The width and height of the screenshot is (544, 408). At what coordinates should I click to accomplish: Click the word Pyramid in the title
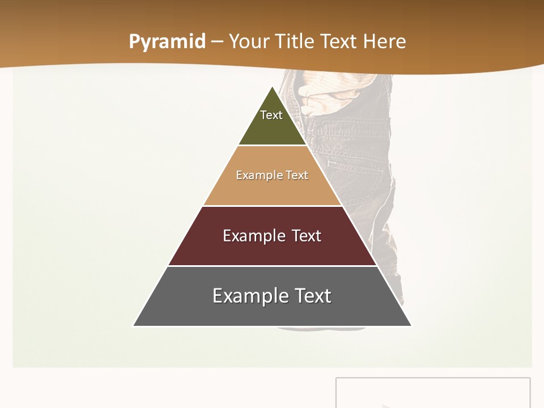pyautogui.click(x=167, y=42)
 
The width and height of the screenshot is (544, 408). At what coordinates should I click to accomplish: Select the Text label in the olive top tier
pyautogui.click(x=271, y=115)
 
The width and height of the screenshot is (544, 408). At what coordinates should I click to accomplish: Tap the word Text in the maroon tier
pyautogui.click(x=307, y=236)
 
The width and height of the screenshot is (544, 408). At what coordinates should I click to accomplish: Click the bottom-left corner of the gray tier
pyautogui.click(x=134, y=326)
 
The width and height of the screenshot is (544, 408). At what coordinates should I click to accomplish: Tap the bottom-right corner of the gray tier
pyautogui.click(x=411, y=326)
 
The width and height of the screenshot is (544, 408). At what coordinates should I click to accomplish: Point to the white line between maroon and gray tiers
pyautogui.click(x=272, y=266)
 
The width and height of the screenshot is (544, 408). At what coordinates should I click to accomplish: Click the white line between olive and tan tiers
pyautogui.click(x=272, y=146)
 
